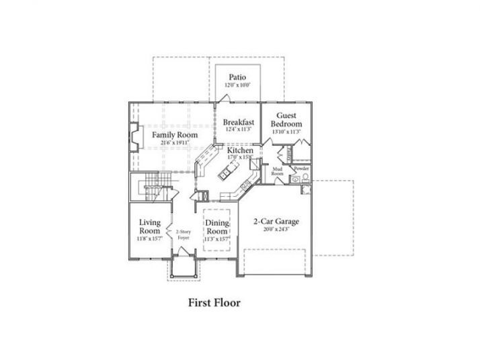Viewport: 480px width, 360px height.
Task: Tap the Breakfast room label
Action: pyautogui.click(x=239, y=122)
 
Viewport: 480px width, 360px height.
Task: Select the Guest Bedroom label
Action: pyautogui.click(x=286, y=120)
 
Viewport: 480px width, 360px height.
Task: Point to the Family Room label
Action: pyautogui.click(x=174, y=135)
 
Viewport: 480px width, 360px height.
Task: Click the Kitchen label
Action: pyautogui.click(x=240, y=151)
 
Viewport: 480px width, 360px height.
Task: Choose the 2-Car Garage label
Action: pyautogui.click(x=276, y=221)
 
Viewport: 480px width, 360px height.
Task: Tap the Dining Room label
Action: pyautogui.click(x=216, y=227)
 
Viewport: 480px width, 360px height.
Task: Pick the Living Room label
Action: pyautogui.click(x=149, y=226)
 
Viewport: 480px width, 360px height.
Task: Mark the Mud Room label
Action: pyautogui.click(x=277, y=171)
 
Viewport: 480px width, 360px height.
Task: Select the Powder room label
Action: pyautogui.click(x=301, y=168)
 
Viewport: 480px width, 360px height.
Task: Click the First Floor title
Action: pyautogui.click(x=214, y=302)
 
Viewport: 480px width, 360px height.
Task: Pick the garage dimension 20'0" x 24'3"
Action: pyautogui.click(x=276, y=230)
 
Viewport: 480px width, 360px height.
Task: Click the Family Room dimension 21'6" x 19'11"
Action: pyautogui.click(x=174, y=143)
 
